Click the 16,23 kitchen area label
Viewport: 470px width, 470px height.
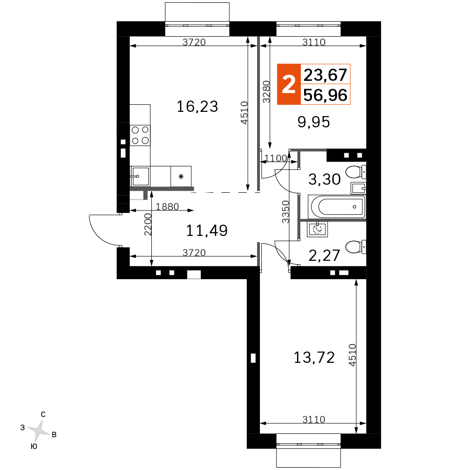[x=197, y=107]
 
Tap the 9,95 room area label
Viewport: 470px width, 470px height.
[x=313, y=122]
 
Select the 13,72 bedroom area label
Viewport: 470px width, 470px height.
[x=314, y=358]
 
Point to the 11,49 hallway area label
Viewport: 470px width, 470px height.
[x=207, y=230]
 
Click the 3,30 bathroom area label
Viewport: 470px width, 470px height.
[x=324, y=179]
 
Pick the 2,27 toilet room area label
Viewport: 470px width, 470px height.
[x=324, y=255]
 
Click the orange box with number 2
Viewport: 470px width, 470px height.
[x=289, y=84]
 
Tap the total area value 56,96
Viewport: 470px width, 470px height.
[x=325, y=95]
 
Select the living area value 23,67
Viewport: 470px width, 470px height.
[x=325, y=75]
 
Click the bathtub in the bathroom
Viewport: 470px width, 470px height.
[x=337, y=207]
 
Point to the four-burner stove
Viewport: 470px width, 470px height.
[x=140, y=135]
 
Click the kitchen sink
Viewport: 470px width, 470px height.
[x=140, y=176]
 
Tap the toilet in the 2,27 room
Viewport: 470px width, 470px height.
[x=355, y=247]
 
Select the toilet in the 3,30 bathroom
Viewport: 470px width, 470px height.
[x=355, y=172]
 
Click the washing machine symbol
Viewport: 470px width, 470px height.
[x=317, y=229]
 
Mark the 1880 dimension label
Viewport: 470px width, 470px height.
[x=167, y=206]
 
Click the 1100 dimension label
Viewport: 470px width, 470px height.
[x=276, y=158]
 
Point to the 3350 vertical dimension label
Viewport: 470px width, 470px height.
[x=286, y=211]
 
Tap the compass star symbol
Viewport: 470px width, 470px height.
[x=39, y=431]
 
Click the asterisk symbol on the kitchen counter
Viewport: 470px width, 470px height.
[x=181, y=177]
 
